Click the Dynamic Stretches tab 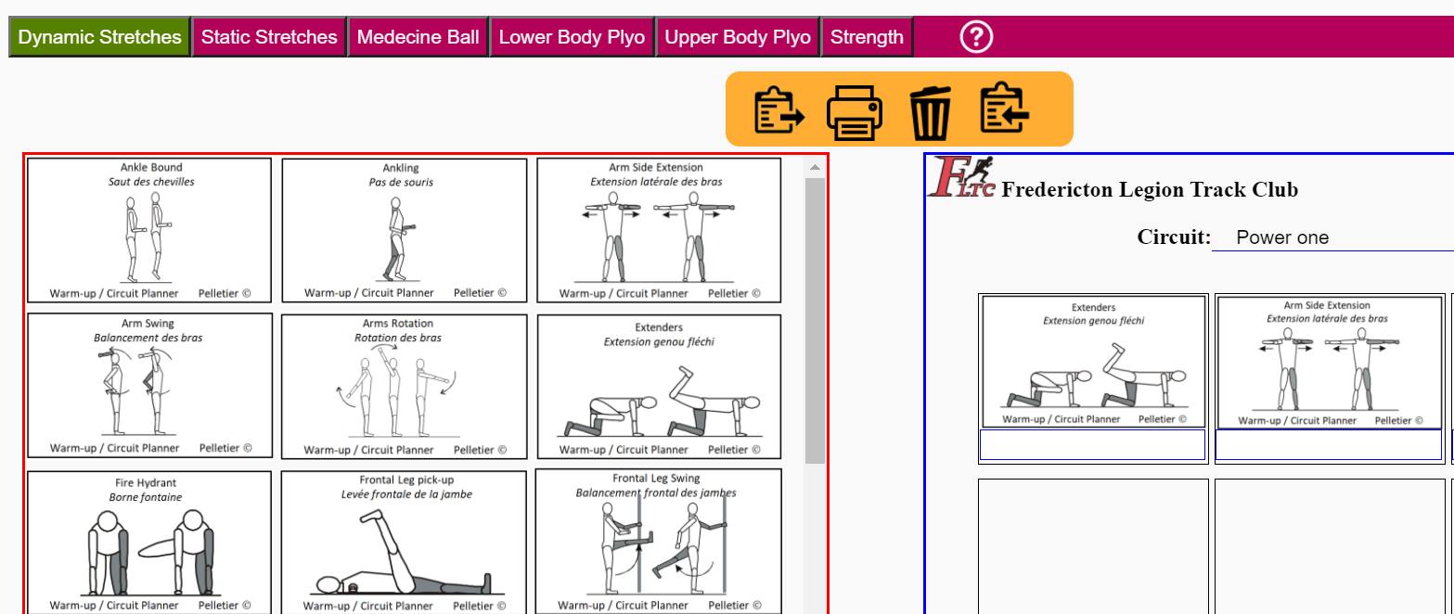(x=99, y=37)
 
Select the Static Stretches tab (x=269, y=37)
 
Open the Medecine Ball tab (x=418, y=37)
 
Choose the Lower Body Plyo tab (x=572, y=37)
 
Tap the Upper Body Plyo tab (x=738, y=37)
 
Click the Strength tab (x=867, y=37)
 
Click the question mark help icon (x=975, y=37)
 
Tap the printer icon (x=854, y=112)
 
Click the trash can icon (x=930, y=112)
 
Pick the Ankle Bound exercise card (x=149, y=230)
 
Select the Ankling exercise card (x=404, y=230)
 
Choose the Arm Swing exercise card (x=149, y=386)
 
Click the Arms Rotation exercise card (x=404, y=386)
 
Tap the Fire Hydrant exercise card (x=149, y=542)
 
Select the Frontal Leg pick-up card (x=404, y=542)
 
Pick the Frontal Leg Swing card (x=658, y=542)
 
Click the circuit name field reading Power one (x=1332, y=237)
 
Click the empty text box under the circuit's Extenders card (x=1092, y=444)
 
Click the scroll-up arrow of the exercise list (x=815, y=168)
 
